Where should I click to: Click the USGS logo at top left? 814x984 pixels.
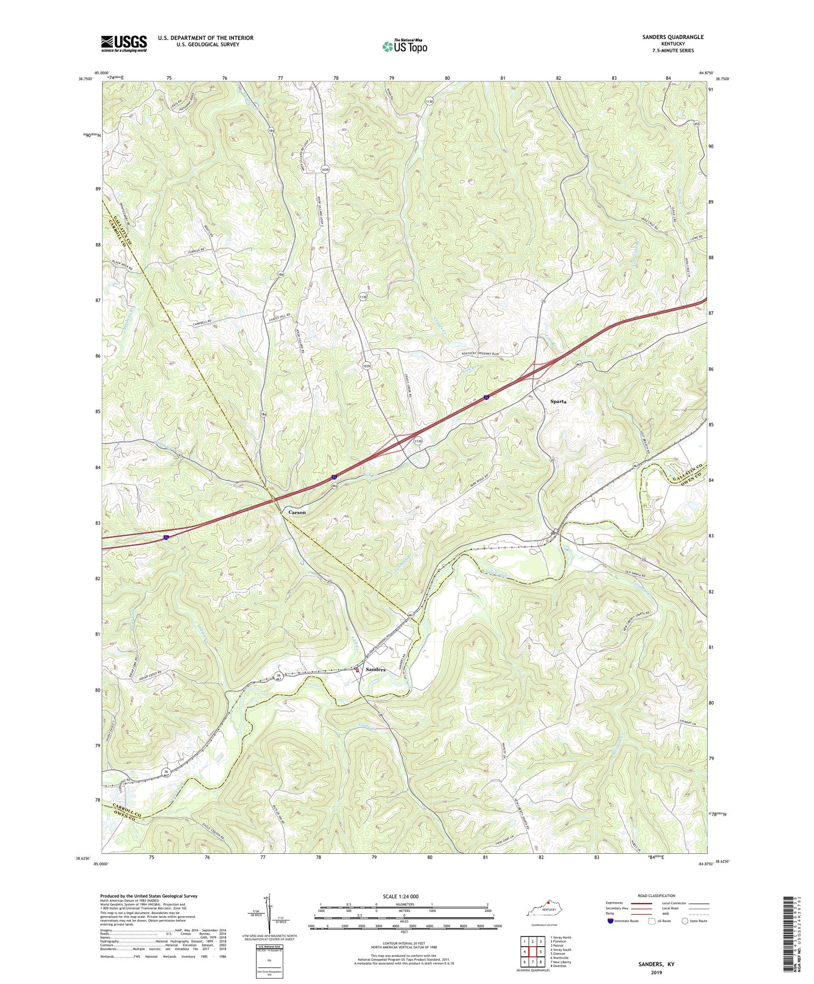click(124, 43)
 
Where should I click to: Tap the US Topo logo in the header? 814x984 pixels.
click(404, 47)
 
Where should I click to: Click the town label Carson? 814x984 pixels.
click(296, 512)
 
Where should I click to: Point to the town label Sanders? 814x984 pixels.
click(375, 670)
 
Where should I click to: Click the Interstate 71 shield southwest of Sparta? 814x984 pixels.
click(487, 398)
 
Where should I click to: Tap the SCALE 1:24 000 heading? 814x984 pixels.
click(403, 896)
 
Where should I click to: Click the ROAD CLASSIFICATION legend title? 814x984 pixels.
click(657, 896)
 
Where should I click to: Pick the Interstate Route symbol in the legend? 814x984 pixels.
click(611, 921)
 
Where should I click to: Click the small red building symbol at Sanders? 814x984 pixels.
click(357, 670)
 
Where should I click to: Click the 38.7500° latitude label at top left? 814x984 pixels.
click(86, 79)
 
